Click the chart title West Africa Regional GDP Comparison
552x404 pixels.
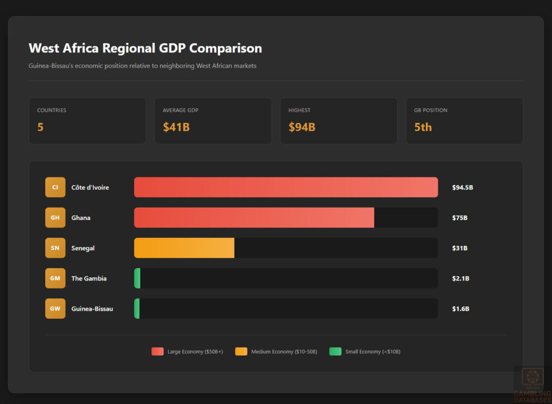145,48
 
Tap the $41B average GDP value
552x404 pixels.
176,127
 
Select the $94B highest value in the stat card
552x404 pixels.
302,127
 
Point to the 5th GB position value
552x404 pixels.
423,127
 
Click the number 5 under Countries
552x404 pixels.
40,127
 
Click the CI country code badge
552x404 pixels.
55,187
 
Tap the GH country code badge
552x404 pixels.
55,217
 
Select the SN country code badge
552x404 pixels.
55,248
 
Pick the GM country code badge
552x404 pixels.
55,278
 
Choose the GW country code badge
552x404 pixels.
55,309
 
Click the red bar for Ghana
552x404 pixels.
254,217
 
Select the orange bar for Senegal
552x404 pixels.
184,248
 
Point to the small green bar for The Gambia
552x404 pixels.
137,278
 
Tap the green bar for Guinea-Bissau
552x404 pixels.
137,309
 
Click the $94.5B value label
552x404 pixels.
462,188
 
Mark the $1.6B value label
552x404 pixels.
460,309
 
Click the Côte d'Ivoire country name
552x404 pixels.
90,188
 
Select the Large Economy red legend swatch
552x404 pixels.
157,352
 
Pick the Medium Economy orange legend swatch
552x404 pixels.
241,352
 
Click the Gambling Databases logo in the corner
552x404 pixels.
532,385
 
